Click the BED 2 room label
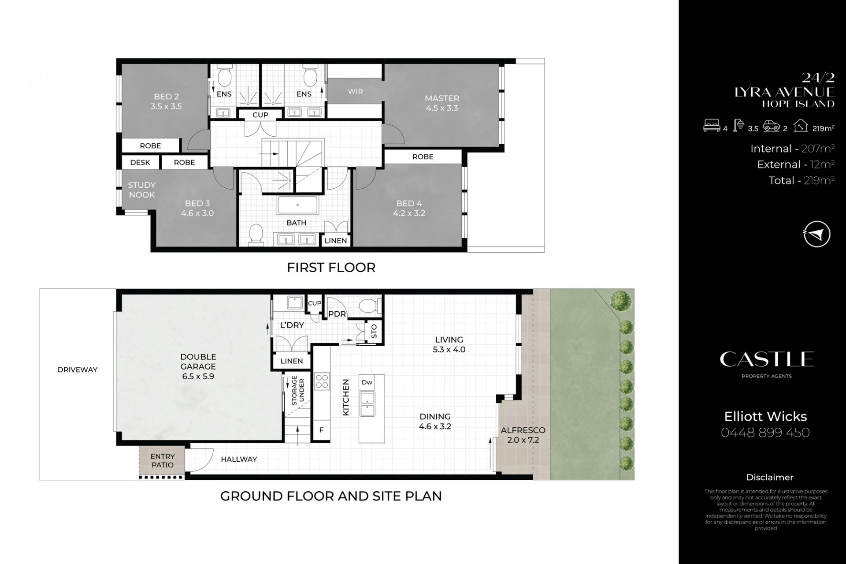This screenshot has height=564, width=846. [x=166, y=97]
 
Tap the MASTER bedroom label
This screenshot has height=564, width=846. [x=442, y=98]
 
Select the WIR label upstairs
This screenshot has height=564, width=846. [x=356, y=91]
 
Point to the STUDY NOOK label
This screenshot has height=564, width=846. [x=141, y=190]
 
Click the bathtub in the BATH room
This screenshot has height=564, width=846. [x=297, y=205]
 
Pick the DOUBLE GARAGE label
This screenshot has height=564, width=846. [x=198, y=362]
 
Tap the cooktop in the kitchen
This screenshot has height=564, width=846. [x=322, y=381]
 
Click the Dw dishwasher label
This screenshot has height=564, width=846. [x=367, y=382]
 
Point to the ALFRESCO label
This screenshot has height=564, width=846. [x=523, y=430]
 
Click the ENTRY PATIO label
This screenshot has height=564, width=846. [x=163, y=460]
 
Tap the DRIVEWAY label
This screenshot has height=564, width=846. [x=78, y=370]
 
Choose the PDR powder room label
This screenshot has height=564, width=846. [x=337, y=314]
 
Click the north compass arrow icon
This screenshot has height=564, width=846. [x=816, y=234]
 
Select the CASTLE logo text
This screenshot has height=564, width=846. [x=767, y=359]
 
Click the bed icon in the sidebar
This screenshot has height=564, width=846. [x=712, y=127]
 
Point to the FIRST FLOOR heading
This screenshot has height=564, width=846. [x=331, y=267]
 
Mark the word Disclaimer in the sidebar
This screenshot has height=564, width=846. [x=770, y=477]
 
